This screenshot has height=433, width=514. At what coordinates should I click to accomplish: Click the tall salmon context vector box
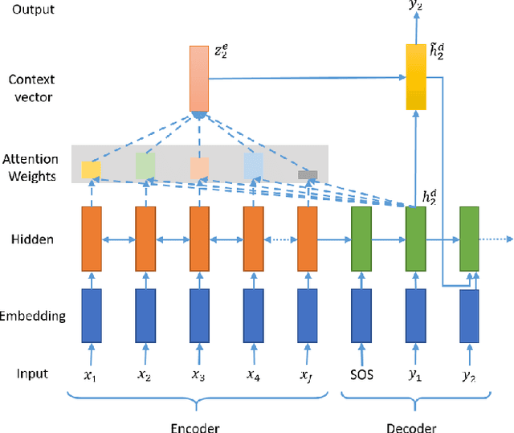[198, 78]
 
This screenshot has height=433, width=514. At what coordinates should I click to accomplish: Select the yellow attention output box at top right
[414, 77]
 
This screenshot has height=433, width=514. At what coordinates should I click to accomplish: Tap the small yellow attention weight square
[91, 170]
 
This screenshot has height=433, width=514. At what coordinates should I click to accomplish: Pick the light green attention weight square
[145, 165]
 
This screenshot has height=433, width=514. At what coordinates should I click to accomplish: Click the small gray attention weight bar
[308, 174]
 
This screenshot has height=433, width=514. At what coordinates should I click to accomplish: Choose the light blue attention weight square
[253, 165]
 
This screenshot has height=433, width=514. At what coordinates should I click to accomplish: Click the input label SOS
[361, 374]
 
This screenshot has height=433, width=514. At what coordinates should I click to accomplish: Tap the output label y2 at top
[414, 7]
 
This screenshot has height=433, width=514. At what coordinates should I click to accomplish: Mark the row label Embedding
[34, 316]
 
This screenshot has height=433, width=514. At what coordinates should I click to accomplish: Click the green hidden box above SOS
[361, 239]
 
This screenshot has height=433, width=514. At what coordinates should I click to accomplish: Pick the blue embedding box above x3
[199, 315]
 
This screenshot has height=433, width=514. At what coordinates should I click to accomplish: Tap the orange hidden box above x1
[91, 239]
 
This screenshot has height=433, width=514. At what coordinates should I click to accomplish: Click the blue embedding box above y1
[415, 315]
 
